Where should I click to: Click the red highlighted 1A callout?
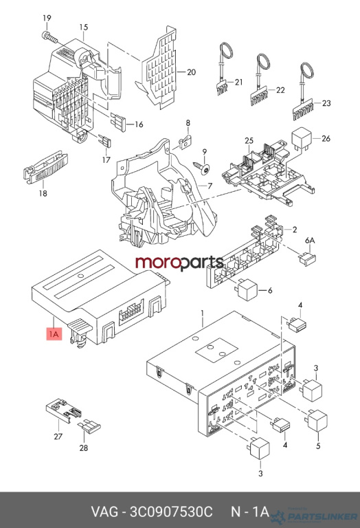pos(54,334)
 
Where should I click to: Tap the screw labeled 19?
pos(49,37)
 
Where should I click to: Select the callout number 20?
pos(191,72)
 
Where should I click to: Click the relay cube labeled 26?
pos(302,138)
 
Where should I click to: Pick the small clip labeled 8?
pos(184,143)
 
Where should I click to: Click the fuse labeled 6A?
pos(308,258)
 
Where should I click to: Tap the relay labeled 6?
pos(247,289)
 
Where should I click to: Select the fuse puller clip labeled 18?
pos(45,166)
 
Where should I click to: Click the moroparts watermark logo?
pos(179,263)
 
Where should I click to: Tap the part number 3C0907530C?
pos(172,511)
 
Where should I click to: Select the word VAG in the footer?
pos(104,511)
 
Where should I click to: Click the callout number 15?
pos(83,27)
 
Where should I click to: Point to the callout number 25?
pos(249,140)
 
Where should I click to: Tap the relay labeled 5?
pos(318,419)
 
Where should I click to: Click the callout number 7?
pos(210,186)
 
